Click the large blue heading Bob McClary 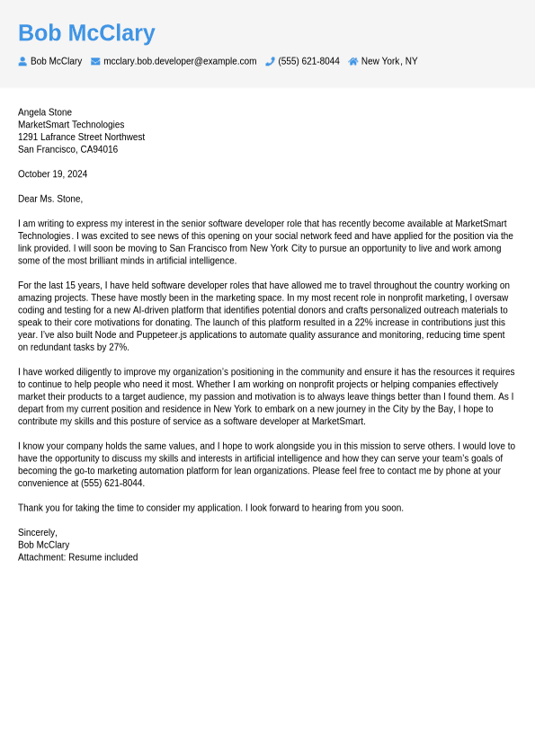point(86,33)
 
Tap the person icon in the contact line point(22,61)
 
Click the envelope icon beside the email point(95,61)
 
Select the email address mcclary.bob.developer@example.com point(180,61)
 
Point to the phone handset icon point(270,61)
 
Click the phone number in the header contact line point(308,61)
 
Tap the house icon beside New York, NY point(353,61)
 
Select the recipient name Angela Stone point(45,112)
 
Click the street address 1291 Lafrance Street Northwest point(81,138)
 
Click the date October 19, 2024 point(52,174)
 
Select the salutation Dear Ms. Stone point(50,199)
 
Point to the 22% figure point(363,323)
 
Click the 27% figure point(119,347)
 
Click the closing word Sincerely point(37,533)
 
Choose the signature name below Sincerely point(43,546)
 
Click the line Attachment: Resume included point(77,557)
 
